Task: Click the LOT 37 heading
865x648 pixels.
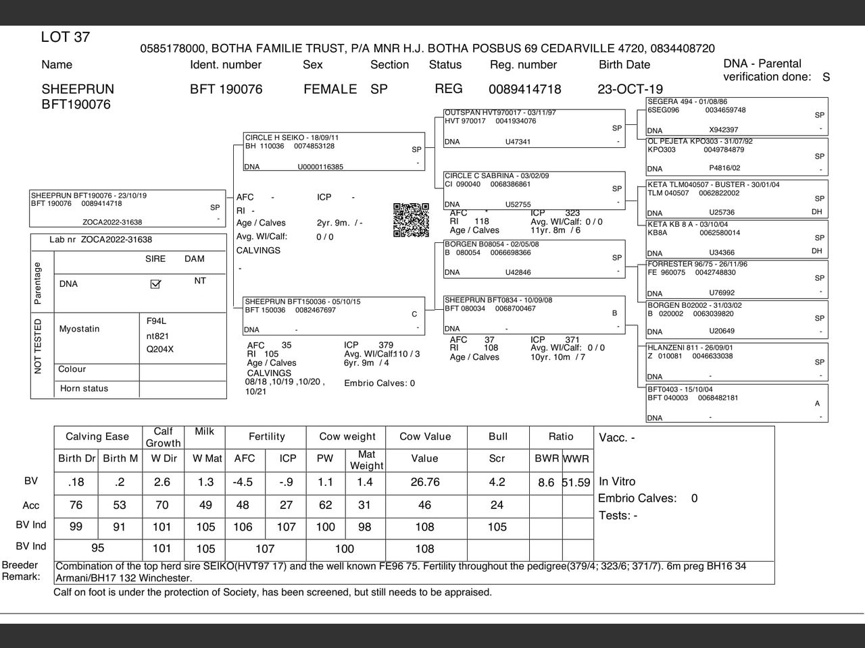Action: point(65,37)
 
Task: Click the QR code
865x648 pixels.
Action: point(411,220)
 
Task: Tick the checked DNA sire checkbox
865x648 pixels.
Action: point(155,284)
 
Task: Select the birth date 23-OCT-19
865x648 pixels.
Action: point(630,89)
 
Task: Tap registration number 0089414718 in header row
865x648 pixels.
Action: point(524,89)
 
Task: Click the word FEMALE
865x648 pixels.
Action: point(330,89)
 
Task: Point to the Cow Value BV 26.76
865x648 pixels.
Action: point(424,482)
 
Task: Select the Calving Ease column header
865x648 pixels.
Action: point(97,437)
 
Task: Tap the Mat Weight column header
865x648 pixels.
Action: point(366,460)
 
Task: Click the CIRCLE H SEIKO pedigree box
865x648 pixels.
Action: point(334,152)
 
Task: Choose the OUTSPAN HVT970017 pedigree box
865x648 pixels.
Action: point(534,127)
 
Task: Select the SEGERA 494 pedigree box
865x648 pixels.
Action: point(736,115)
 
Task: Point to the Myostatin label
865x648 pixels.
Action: point(79,329)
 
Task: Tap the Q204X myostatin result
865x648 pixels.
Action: point(159,350)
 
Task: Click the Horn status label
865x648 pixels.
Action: point(84,388)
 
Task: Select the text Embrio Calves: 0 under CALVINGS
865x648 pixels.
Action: point(379,383)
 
